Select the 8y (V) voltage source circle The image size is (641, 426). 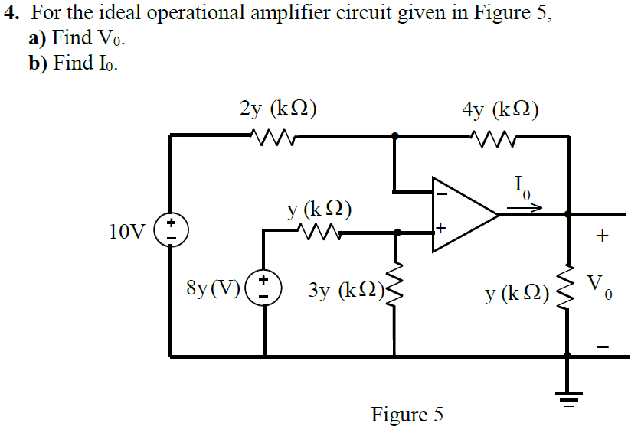pos(265,288)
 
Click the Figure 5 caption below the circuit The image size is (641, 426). pos(407,415)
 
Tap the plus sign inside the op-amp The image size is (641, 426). pos(441,228)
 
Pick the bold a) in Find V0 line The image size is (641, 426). pos(38,39)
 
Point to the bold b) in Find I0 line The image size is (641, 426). pos(38,63)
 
